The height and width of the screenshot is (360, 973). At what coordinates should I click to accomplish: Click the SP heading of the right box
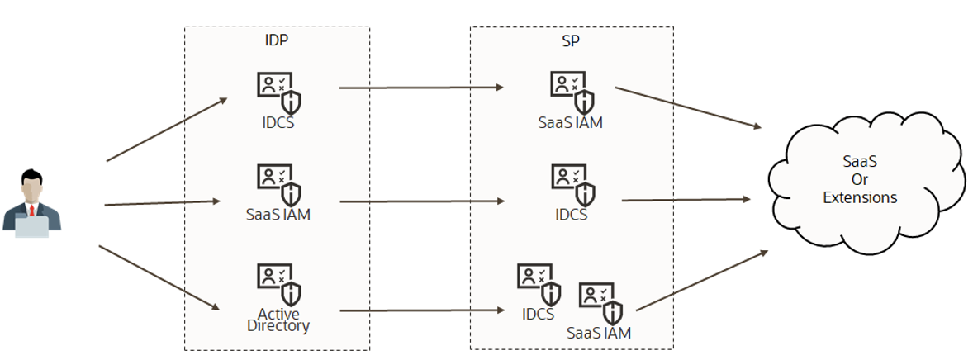click(x=571, y=39)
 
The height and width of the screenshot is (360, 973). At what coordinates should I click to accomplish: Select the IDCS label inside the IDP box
click(x=277, y=123)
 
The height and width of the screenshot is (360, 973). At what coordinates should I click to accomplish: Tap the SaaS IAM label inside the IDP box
click(x=278, y=215)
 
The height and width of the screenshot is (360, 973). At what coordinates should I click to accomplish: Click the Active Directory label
click(x=278, y=320)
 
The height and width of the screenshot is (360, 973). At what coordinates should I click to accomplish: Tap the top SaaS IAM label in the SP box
click(x=571, y=123)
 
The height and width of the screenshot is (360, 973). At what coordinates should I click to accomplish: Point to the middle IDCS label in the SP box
click(x=572, y=215)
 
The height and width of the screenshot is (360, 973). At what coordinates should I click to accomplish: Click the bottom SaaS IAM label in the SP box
click(x=599, y=334)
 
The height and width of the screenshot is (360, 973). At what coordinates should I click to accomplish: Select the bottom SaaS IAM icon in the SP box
click(x=600, y=302)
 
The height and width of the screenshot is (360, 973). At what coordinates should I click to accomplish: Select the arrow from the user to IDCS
click(x=166, y=130)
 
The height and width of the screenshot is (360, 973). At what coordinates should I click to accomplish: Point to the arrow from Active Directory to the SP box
click(x=421, y=310)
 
